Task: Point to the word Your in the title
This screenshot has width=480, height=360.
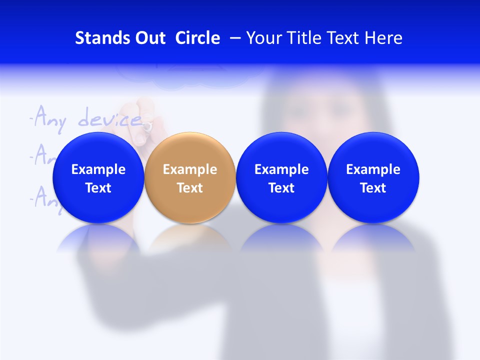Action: [263, 38]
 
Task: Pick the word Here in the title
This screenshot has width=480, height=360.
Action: [383, 38]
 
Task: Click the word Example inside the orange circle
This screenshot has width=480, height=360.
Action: [190, 169]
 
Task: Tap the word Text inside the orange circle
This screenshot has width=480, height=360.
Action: [190, 188]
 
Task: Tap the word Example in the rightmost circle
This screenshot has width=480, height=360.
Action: [373, 169]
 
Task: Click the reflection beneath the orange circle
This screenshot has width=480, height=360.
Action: [190, 239]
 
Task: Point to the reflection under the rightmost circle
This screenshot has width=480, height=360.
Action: [373, 239]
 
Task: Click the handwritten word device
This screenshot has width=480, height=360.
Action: [110, 119]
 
